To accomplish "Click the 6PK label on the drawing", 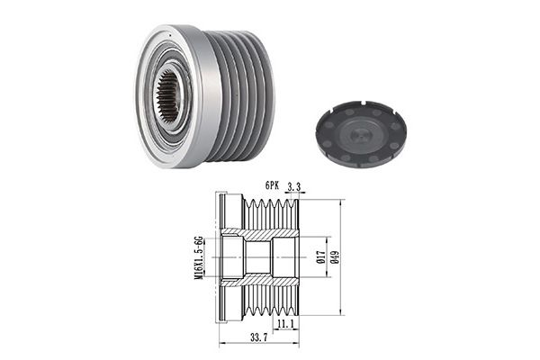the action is click(272, 185).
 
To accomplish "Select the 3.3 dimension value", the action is click(293, 186).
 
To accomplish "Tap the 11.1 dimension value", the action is click(285, 324).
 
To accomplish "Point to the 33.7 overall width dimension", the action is click(258, 338).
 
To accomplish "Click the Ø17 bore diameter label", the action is click(320, 257).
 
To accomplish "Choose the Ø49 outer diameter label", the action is click(335, 257).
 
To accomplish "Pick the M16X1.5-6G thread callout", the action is click(199, 257).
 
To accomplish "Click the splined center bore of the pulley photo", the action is click(168, 97).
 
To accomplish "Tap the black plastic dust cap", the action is click(361, 134).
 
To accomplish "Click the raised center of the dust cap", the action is click(361, 135).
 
